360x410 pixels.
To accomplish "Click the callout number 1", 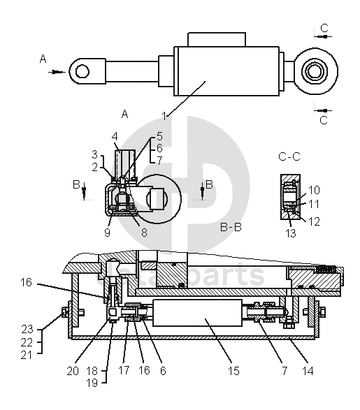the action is pyautogui.click(x=164, y=116).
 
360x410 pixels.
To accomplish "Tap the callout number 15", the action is pyautogui.click(x=233, y=370).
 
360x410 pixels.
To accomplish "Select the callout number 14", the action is pyautogui.click(x=308, y=370).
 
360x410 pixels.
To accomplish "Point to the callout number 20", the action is pyautogui.click(x=73, y=371).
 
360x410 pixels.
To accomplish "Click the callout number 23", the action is pyautogui.click(x=27, y=329).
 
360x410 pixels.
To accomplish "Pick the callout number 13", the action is pyautogui.click(x=290, y=233).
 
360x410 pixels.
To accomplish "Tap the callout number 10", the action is pyautogui.click(x=314, y=190).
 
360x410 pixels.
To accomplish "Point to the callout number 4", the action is pyautogui.click(x=115, y=136).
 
